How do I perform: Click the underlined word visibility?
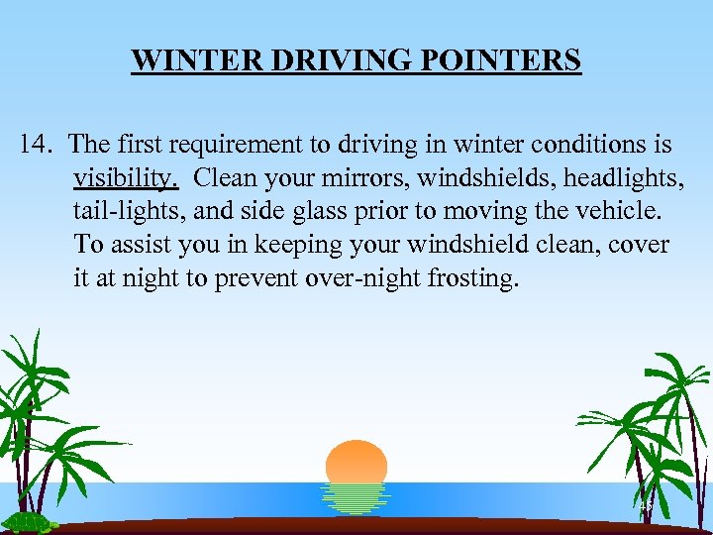click(125, 178)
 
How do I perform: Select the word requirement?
click(229, 145)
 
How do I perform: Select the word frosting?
click(472, 278)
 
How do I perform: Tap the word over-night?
click(364, 278)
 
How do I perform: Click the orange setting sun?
click(356, 463)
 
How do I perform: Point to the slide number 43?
click(646, 506)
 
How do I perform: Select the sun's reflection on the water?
click(356, 498)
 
